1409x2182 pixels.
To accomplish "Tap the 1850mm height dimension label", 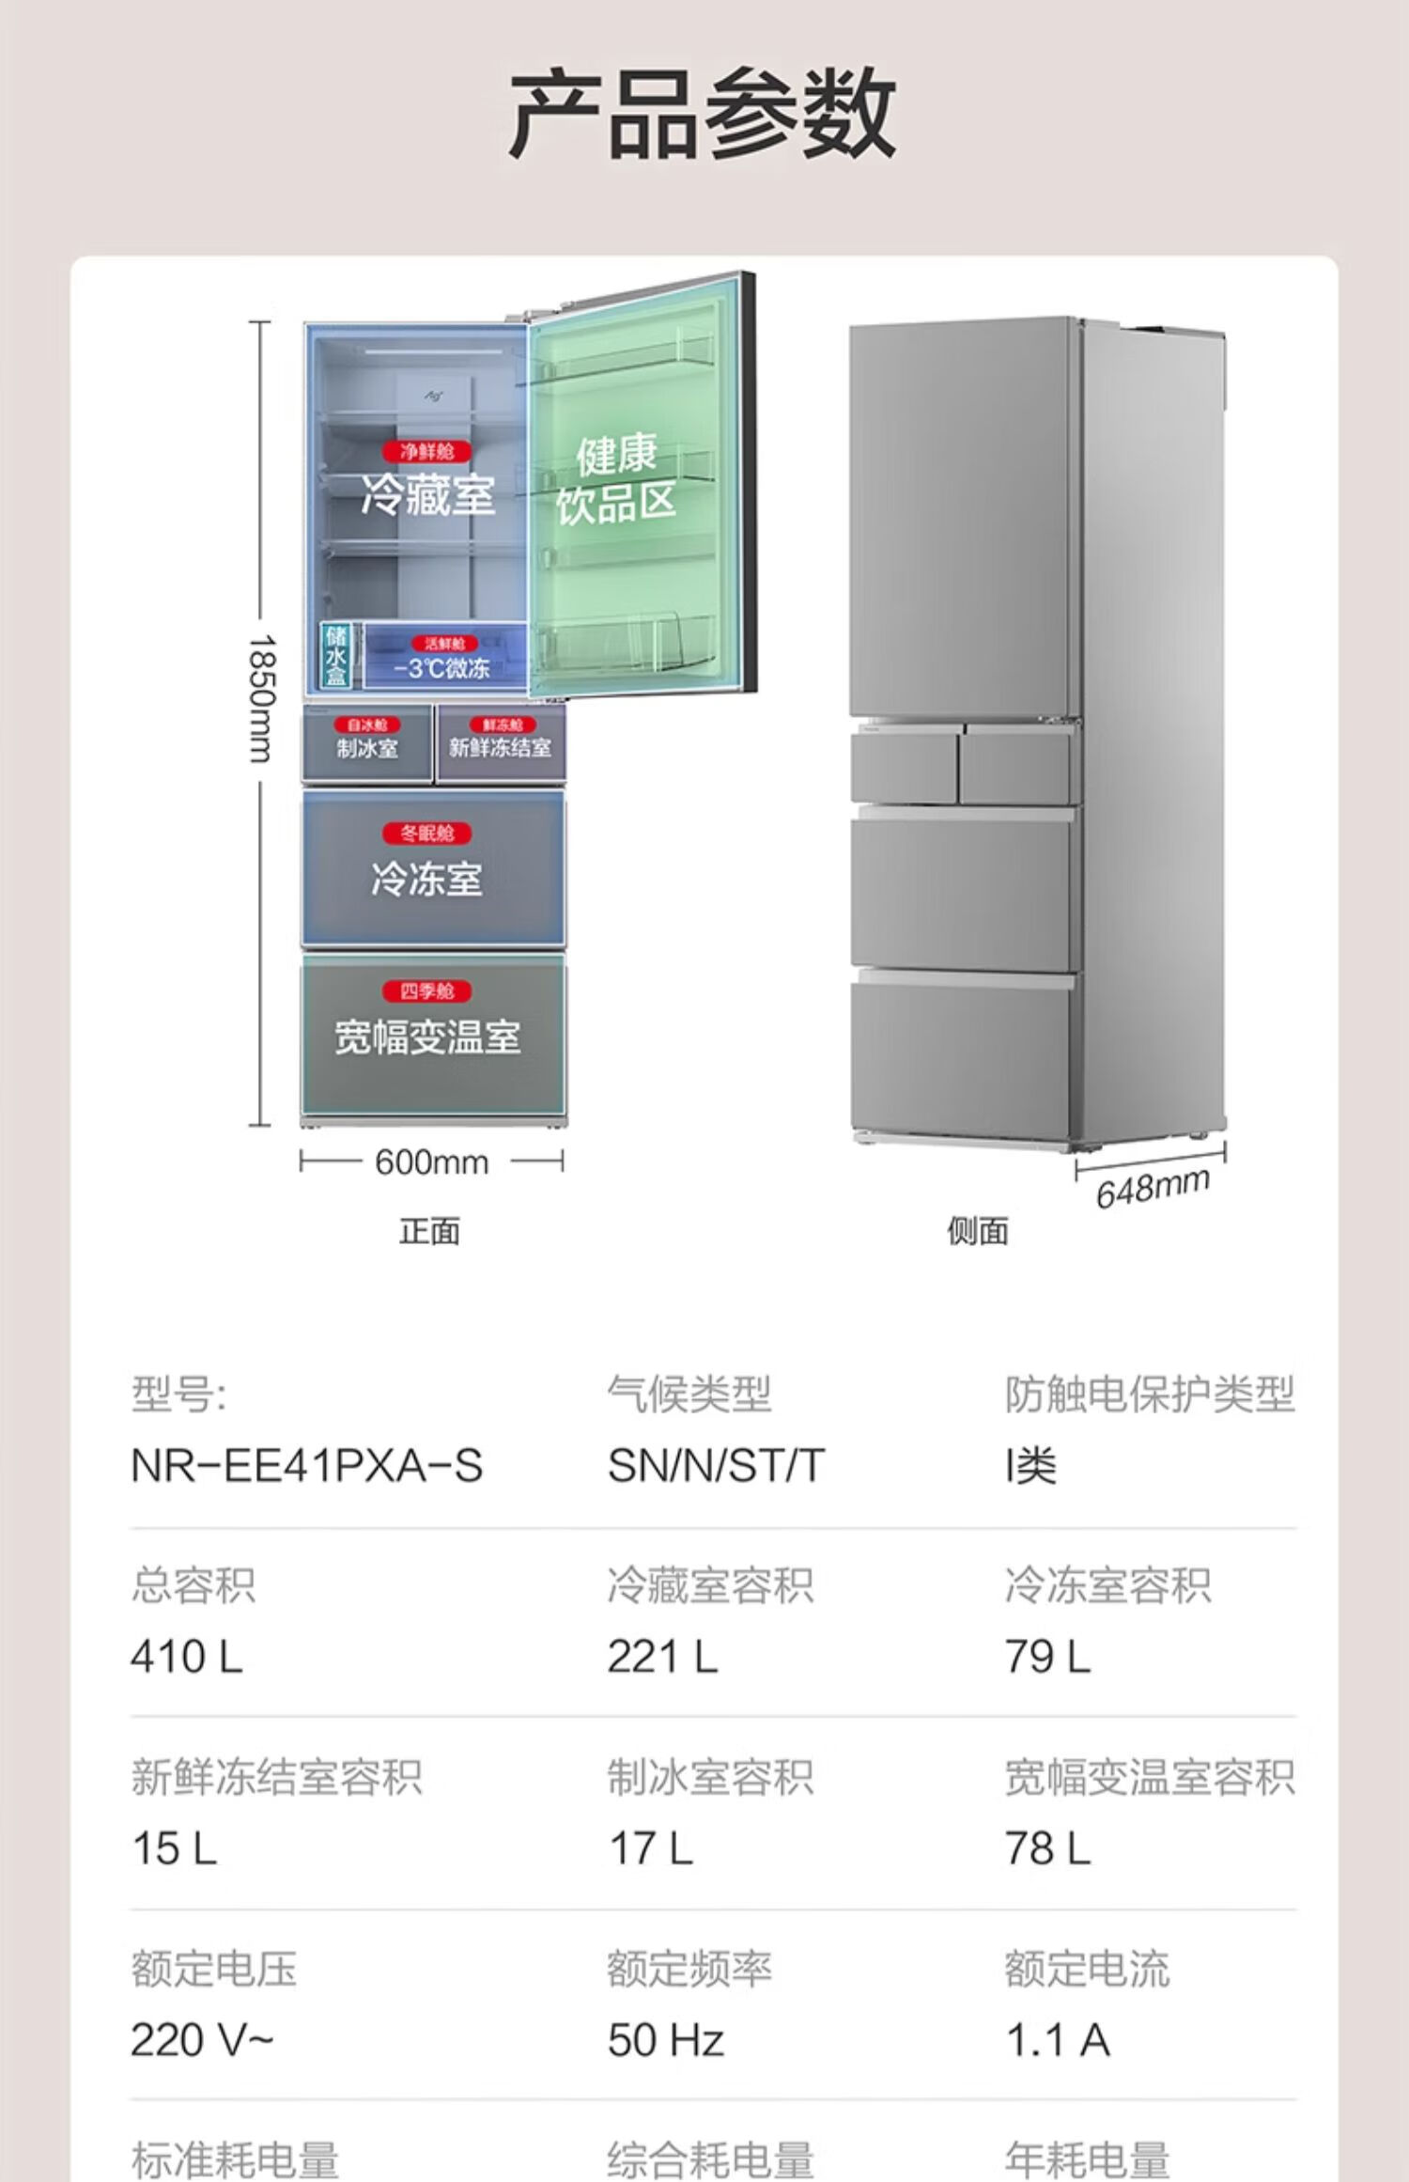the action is pyautogui.click(x=262, y=698).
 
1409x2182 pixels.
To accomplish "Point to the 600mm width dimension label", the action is pyautogui.click(x=431, y=1162).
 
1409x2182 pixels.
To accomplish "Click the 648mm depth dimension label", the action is pyautogui.click(x=1153, y=1187).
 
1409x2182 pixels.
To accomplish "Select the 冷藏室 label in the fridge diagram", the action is pyautogui.click(x=427, y=493).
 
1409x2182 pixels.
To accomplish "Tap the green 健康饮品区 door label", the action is pyautogui.click(x=616, y=480).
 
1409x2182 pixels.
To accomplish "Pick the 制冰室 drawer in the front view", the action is pyautogui.click(x=367, y=747).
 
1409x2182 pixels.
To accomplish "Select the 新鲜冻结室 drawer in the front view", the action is pyautogui.click(x=500, y=747).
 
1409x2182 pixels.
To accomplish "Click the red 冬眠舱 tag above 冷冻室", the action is pyautogui.click(x=427, y=834).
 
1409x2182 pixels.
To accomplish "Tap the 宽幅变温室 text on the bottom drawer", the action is pyautogui.click(x=427, y=1036).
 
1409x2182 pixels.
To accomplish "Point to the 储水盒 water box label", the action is pyautogui.click(x=335, y=656).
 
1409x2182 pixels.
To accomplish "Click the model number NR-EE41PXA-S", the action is pyautogui.click(x=306, y=1466).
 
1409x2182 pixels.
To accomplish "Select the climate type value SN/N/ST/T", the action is pyautogui.click(x=716, y=1466).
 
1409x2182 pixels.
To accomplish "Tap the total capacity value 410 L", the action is pyautogui.click(x=187, y=1657).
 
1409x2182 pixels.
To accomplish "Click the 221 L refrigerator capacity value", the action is pyautogui.click(x=662, y=1657).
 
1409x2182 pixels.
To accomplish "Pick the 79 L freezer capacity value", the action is pyautogui.click(x=1047, y=1657).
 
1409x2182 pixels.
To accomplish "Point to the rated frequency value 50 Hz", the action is pyautogui.click(x=665, y=2040).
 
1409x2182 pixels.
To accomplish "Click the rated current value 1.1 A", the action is pyautogui.click(x=1058, y=2040).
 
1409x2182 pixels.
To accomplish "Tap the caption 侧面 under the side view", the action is pyautogui.click(x=977, y=1231).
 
